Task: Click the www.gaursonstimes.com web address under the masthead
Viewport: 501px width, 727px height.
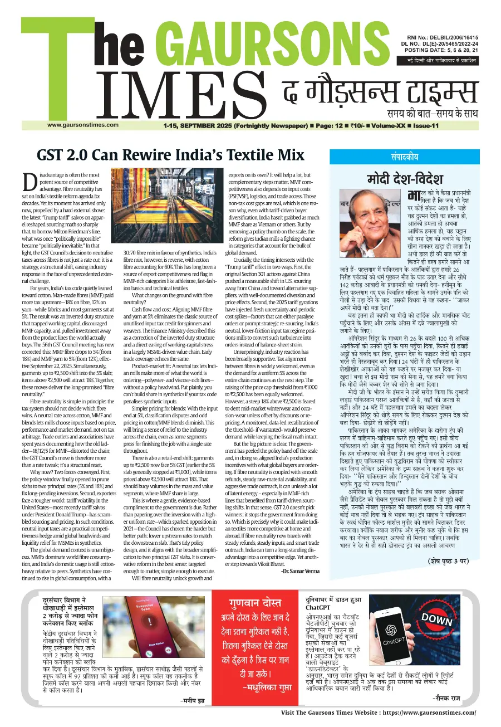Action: (83, 124)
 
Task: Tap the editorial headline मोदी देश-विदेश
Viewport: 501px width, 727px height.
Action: (405, 179)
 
